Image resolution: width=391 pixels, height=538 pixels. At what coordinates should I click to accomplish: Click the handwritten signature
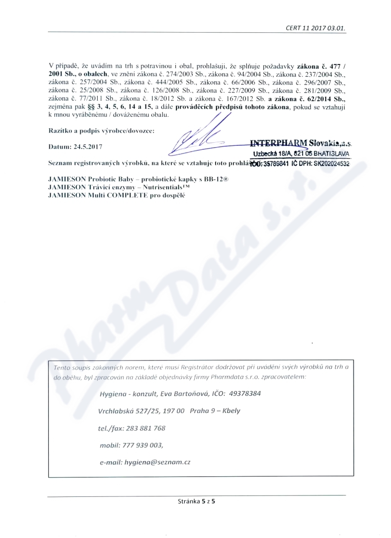point(200,138)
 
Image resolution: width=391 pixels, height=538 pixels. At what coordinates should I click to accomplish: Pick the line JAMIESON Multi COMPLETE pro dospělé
point(117,195)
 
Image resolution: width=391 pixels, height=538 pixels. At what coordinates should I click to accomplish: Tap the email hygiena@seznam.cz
point(157,462)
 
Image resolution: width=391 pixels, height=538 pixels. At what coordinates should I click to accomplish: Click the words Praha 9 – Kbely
point(215,411)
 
